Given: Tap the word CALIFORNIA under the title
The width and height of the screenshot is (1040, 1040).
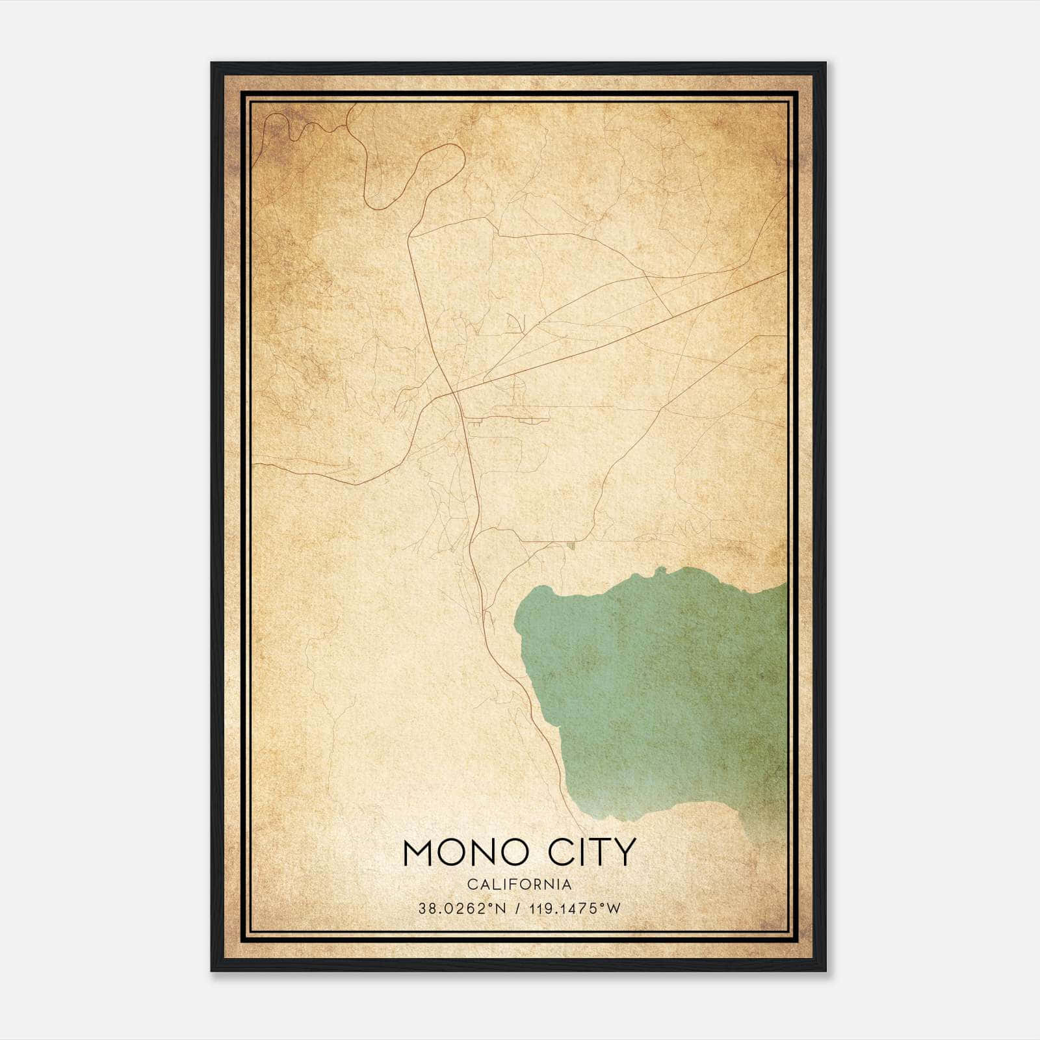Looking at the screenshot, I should tap(519, 885).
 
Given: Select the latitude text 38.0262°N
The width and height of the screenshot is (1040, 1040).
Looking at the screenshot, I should tap(461, 909).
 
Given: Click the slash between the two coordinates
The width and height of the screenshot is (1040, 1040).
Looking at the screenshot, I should tap(517, 909).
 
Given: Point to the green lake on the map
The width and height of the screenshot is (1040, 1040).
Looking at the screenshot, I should tap(656, 689).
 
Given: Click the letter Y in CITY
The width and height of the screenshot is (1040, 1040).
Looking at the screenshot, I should tap(623, 852).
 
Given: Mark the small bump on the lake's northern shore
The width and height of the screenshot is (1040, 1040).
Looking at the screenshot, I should tap(661, 570).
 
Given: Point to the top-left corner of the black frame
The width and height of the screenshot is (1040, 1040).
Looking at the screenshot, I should tap(213, 64).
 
